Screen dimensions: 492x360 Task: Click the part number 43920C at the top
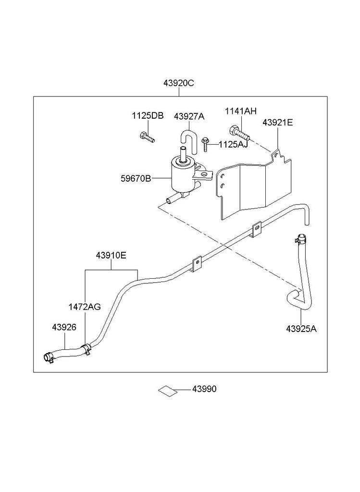tap(178, 83)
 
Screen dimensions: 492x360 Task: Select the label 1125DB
tap(148, 116)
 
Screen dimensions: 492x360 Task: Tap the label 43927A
tap(189, 116)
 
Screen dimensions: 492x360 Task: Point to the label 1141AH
tap(241, 111)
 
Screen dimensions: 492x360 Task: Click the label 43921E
tap(277, 123)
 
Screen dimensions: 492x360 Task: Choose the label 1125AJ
tap(233, 144)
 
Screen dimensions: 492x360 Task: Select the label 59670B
tap(136, 179)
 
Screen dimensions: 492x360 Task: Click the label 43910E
tap(111, 256)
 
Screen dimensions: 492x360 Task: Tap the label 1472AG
tap(85, 307)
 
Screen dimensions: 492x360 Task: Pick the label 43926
tap(64, 327)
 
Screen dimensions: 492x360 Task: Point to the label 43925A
tap(301, 329)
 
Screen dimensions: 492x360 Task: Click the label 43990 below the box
tap(204, 389)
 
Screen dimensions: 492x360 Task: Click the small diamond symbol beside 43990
tap(168, 390)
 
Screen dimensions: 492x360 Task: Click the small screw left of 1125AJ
tap(206, 144)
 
